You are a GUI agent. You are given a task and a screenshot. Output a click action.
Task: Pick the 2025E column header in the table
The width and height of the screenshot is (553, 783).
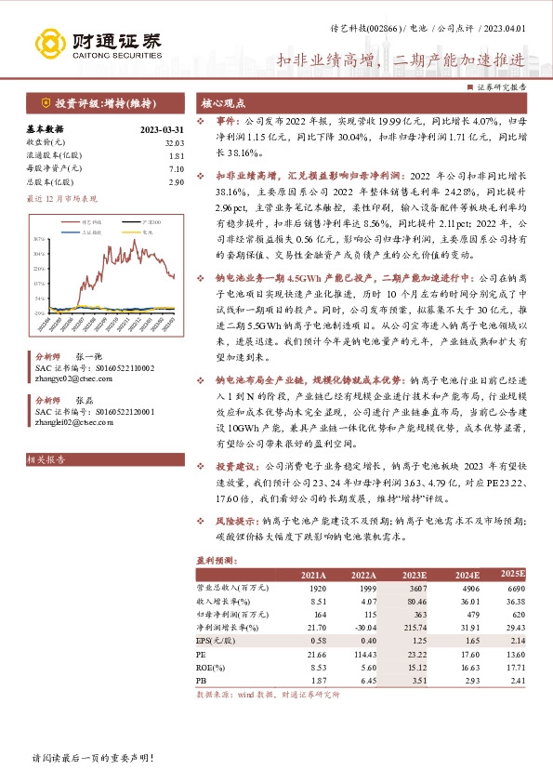[511, 577]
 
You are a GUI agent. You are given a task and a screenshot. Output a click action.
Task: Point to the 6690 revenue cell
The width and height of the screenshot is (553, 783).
[513, 590]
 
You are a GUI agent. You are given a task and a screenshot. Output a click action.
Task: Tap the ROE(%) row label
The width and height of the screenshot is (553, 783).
[214, 669]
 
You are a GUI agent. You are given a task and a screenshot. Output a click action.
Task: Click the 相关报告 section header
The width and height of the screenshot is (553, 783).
[45, 459]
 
